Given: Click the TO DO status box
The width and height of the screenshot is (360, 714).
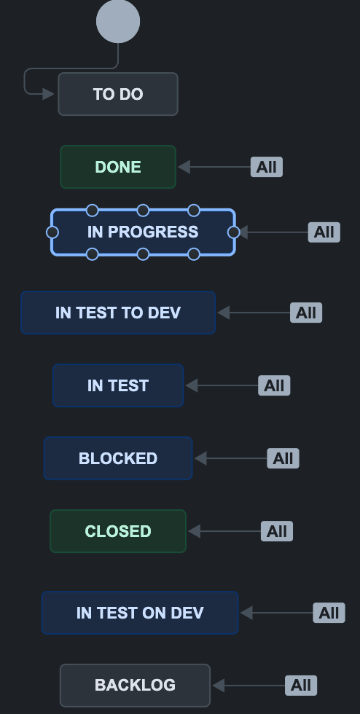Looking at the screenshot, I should tap(118, 94).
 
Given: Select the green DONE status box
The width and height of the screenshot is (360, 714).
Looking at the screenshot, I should tap(118, 167).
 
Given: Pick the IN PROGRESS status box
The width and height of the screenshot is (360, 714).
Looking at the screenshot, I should tap(143, 232).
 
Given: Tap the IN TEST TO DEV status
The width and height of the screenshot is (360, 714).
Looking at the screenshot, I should tap(118, 313).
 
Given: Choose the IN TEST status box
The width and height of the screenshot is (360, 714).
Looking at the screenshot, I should tap(118, 385).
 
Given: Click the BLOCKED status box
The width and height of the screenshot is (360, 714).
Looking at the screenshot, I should tap(118, 458).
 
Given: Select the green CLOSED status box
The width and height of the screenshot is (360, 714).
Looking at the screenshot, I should tap(118, 531).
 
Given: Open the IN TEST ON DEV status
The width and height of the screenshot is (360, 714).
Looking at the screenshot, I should tap(140, 613).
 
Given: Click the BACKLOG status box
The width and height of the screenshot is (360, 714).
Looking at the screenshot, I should tap(135, 685).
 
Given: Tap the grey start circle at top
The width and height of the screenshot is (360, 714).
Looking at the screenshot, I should tap(118, 21).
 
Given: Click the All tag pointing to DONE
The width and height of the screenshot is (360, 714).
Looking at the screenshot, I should tap(267, 167).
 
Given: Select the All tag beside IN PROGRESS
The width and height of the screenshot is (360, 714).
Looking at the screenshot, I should tap(324, 232).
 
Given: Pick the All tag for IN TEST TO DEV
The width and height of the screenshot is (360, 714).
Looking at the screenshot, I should tap(306, 313).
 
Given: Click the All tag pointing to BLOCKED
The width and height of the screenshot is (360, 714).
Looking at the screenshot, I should tap(283, 458).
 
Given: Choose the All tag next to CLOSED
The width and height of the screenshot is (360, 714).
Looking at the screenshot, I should tap(277, 531).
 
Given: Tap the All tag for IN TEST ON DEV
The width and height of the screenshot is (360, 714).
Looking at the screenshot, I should tap(329, 613).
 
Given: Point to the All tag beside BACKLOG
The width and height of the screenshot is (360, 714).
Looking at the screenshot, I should tap(301, 685).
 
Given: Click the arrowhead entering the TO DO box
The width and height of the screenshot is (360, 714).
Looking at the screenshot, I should tap(49, 94).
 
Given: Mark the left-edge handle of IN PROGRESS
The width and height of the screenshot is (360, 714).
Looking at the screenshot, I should tap(52, 232).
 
